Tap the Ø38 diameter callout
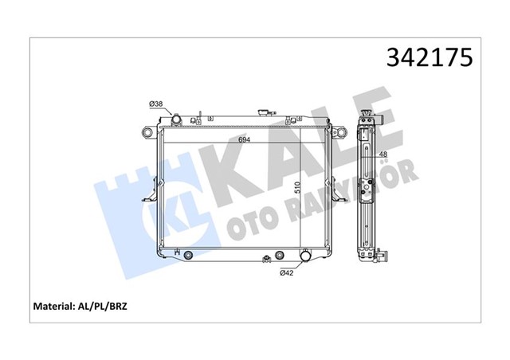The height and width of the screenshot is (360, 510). pyautogui.click(x=157, y=104)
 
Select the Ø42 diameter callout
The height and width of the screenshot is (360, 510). pyautogui.click(x=288, y=272)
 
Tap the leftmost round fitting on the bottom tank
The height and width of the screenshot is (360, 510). pyautogui.click(x=189, y=256)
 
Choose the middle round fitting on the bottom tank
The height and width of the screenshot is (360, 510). pyautogui.click(x=279, y=256)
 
